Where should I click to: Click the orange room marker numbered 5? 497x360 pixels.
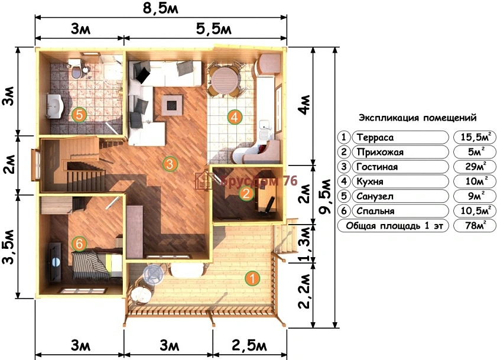79,115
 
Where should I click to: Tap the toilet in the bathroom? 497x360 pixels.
76,69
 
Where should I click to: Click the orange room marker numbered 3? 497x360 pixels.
170,164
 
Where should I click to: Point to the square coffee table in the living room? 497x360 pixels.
172,105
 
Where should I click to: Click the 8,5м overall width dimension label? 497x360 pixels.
160,8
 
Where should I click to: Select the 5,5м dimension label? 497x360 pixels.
214,29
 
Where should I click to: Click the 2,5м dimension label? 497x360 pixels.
249,346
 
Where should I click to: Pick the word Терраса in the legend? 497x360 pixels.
375,137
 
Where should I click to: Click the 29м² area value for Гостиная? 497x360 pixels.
475,167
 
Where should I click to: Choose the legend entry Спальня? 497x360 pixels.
375,211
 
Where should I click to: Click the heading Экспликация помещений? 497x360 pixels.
417,118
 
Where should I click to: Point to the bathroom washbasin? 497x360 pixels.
56,106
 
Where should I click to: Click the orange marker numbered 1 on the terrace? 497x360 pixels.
252,278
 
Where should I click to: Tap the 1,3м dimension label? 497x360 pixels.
306,244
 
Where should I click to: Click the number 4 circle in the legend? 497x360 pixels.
343,181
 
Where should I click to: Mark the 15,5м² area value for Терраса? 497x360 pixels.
475,137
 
